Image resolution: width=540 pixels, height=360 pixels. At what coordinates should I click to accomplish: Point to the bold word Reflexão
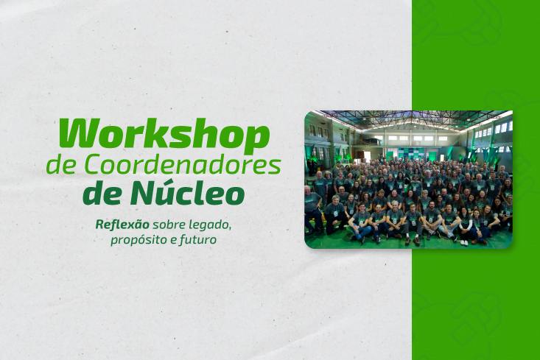[x=122, y=223]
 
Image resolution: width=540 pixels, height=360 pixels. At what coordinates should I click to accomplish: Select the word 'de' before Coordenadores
[x=58, y=165]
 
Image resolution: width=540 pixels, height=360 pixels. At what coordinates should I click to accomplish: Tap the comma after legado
[x=231, y=227]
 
